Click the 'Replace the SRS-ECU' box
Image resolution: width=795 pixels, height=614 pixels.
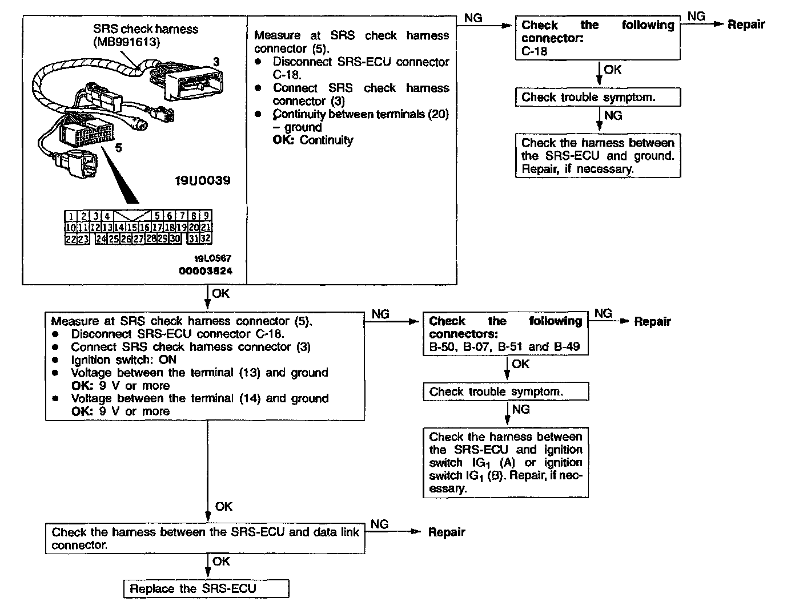(206, 589)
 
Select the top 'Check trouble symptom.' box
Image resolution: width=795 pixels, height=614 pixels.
(597, 97)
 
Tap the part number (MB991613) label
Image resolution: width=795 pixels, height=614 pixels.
(126, 42)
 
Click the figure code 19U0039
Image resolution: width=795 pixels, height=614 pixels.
(203, 180)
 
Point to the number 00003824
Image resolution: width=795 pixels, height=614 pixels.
(206, 270)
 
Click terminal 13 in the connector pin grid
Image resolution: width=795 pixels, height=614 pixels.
(107, 227)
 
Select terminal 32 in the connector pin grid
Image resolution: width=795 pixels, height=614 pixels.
(206, 239)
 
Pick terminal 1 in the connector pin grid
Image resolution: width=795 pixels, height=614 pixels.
(70, 216)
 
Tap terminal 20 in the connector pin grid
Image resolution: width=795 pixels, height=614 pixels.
(194, 227)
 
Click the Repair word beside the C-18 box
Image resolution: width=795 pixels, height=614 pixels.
(746, 25)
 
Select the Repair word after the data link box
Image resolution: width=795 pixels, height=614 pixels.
(447, 532)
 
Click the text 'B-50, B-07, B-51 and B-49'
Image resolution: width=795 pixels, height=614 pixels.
(505, 346)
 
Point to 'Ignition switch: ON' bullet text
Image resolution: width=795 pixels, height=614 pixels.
(123, 359)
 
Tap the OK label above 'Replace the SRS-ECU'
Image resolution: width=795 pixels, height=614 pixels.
(221, 562)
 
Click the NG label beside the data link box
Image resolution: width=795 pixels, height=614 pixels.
(380, 524)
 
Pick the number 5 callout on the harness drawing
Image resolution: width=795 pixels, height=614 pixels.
(118, 147)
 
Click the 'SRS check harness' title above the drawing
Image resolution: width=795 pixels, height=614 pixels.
(146, 29)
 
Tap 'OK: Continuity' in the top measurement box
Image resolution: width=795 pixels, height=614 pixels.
(313, 140)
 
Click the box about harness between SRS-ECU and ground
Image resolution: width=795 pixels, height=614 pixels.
(597, 156)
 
